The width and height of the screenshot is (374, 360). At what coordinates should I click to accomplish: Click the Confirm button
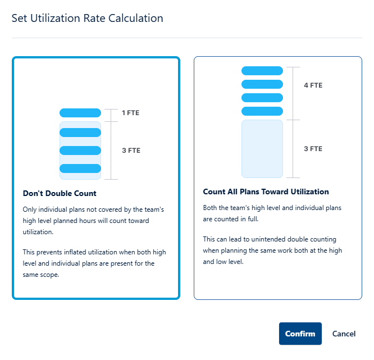300,334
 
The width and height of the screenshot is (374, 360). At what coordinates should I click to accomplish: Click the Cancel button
344,334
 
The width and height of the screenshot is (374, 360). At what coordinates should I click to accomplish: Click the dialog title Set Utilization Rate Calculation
88,18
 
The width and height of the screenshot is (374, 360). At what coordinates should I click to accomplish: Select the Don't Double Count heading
60,194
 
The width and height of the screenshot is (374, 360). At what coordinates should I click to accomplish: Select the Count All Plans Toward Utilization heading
266,192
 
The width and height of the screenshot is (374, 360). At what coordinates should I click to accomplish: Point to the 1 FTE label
130,113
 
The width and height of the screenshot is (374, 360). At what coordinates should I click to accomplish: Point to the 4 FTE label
313,86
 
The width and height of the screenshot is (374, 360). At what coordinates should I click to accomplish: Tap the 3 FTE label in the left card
131,151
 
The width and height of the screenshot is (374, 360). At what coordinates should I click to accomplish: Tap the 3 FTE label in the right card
313,149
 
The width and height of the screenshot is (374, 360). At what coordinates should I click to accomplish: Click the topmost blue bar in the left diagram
80,113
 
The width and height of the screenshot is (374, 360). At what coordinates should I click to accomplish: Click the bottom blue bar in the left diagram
80,168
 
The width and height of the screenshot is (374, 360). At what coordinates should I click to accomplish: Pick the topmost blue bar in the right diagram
262,71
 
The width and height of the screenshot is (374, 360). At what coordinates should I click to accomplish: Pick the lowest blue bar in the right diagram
262,111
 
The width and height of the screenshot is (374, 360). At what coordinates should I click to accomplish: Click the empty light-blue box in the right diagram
262,149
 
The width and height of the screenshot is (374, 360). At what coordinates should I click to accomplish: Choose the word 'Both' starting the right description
211,208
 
